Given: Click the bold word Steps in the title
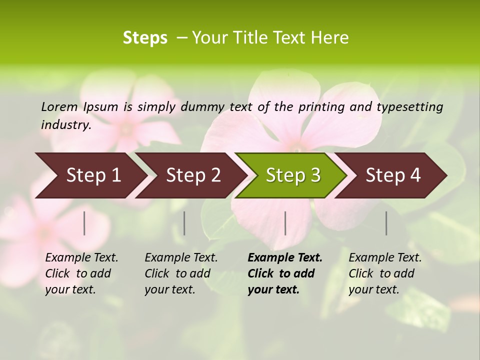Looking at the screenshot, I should [x=145, y=38].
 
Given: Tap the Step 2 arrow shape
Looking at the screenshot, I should [x=193, y=175].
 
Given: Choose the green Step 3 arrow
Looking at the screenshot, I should [x=293, y=175].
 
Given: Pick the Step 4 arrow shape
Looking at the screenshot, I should [x=393, y=175].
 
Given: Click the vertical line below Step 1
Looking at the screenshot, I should [x=84, y=223].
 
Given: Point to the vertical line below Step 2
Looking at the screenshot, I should [x=184, y=223].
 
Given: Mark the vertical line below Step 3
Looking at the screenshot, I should [x=285, y=223].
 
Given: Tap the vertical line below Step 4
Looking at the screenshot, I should [x=386, y=223].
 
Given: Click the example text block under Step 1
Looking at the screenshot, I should [x=81, y=273].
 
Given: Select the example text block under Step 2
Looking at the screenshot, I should [x=181, y=273].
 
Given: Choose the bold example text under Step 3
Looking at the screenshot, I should [x=285, y=273].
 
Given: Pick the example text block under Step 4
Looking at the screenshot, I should [x=385, y=273].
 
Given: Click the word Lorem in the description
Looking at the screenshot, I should [x=59, y=106].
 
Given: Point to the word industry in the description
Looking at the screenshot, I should [x=66, y=125].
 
